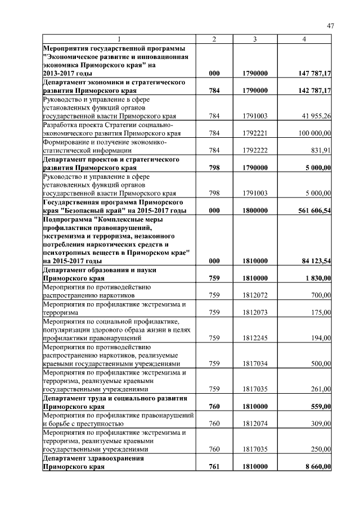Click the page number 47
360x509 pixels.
point(330,26)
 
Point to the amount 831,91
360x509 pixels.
point(320,150)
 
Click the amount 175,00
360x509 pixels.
point(321,312)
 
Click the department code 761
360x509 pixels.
point(214,466)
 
